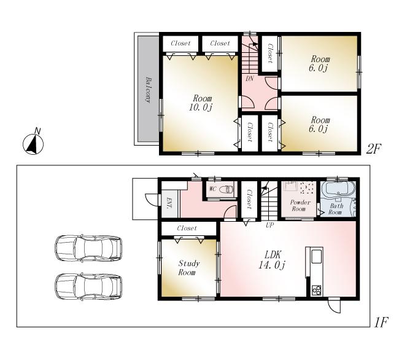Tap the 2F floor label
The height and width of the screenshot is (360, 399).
[x=374, y=149]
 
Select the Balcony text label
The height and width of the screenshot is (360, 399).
[x=149, y=90]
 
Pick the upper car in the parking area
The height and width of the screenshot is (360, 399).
[x=87, y=248]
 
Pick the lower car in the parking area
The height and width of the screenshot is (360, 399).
[x=87, y=285]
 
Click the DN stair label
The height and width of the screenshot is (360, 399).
[x=250, y=79]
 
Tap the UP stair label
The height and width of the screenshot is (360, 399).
[x=269, y=225]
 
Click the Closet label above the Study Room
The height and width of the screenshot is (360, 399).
[x=187, y=228]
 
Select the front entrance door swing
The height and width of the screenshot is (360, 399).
[x=150, y=200]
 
